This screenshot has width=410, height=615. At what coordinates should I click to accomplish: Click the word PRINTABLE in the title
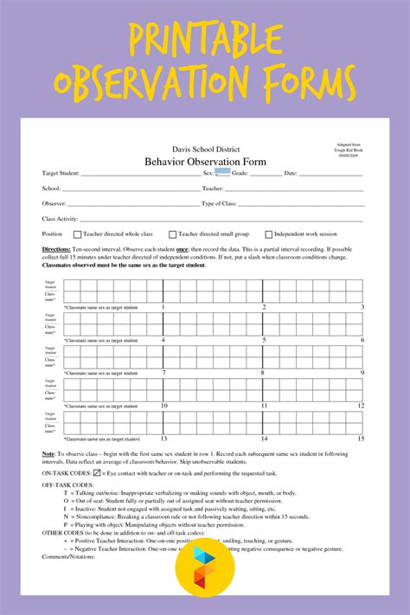pyautogui.click(x=204, y=42)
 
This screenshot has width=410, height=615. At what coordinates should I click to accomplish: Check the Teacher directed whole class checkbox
pyautogui.click(x=77, y=234)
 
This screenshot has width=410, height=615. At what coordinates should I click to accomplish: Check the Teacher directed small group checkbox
pyautogui.click(x=172, y=234)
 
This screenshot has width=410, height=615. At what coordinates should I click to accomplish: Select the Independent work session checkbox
pyautogui.click(x=268, y=234)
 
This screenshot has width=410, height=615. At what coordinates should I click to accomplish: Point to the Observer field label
pyautogui.click(x=54, y=203)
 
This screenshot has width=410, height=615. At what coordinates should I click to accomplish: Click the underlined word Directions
pyautogui.click(x=56, y=249)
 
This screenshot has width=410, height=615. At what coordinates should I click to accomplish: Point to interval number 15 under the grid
pyautogui.click(x=361, y=439)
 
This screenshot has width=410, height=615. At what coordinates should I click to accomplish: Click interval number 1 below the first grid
pyautogui.click(x=163, y=307)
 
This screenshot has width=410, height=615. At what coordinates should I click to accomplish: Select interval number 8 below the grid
pyautogui.click(x=264, y=373)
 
